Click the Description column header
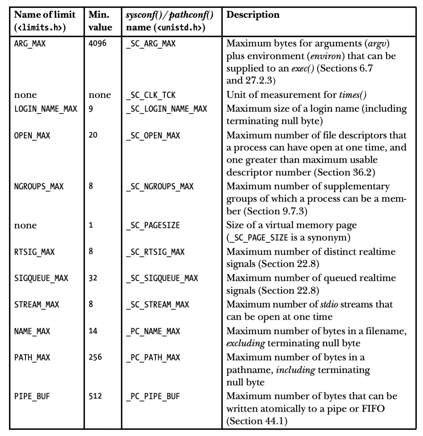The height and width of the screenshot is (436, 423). coord(253,15)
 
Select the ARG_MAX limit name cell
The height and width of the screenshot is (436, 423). coord(30,44)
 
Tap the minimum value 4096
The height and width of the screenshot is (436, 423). coord(98,44)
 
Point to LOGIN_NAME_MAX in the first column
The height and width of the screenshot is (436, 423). coord(45,109)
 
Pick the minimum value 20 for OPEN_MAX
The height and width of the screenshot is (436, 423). coord(93,136)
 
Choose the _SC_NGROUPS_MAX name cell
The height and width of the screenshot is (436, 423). coord(159,186)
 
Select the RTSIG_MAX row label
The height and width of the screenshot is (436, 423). coord(34,251)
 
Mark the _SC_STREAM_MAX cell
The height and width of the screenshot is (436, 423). coord(157,304)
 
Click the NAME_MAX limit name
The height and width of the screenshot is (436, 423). coord(32,331)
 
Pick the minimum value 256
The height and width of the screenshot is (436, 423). coord(95,358)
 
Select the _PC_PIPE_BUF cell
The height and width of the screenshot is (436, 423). coord(153,396)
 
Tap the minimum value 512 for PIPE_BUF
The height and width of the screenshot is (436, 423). coord(95,396)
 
